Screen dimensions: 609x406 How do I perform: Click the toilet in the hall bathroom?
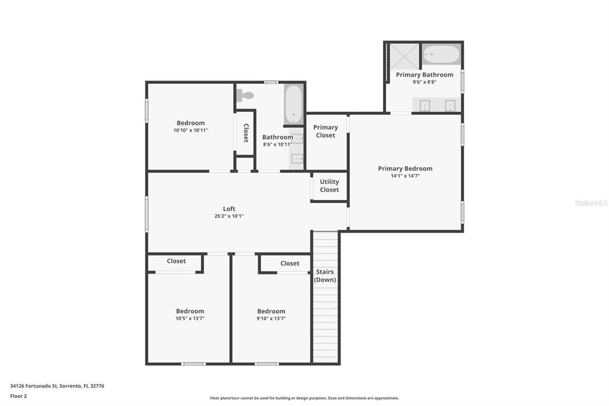click(x=245, y=95)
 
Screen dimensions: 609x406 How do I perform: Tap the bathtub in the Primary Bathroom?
click(x=441, y=54)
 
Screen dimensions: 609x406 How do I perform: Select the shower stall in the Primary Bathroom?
click(x=404, y=57)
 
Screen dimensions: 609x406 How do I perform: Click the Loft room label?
click(x=229, y=209)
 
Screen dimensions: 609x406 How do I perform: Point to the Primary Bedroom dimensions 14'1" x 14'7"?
click(x=405, y=176)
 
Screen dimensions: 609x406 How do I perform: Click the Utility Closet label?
click(x=329, y=186)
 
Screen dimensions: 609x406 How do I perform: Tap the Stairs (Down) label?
click(x=325, y=276)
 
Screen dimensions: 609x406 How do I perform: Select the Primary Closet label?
click(x=325, y=131)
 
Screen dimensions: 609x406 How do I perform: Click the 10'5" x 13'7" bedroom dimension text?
click(x=190, y=318)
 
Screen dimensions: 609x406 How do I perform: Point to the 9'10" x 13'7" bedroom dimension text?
click(x=271, y=318)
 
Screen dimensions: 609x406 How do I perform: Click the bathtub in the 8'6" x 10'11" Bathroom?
click(x=294, y=105)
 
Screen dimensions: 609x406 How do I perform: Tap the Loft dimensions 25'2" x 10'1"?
click(x=229, y=216)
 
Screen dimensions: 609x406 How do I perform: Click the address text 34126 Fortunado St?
click(x=34, y=386)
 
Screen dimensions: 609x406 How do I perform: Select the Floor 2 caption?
click(x=18, y=396)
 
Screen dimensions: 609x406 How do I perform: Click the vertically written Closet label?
click(x=246, y=133)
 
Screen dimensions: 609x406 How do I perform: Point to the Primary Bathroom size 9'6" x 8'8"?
click(x=425, y=82)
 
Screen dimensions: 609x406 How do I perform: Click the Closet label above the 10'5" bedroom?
click(x=176, y=261)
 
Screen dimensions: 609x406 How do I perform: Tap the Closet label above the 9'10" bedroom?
click(x=290, y=263)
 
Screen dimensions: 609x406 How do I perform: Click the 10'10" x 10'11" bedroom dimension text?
click(x=191, y=130)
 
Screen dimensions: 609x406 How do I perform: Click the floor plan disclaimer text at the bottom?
click(x=304, y=398)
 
